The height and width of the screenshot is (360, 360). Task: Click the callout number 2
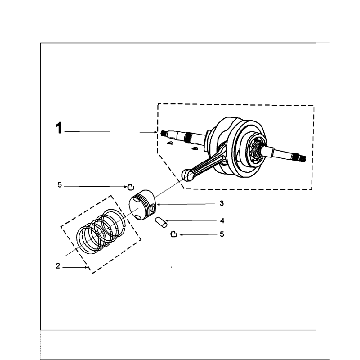click(x=58, y=266)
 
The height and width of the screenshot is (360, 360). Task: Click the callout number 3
click(x=221, y=203)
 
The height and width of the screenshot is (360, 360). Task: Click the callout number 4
click(x=221, y=220)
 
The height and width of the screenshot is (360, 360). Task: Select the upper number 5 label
click(x=60, y=185)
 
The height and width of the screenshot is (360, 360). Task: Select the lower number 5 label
click(x=221, y=234)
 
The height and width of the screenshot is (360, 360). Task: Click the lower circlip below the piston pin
click(x=174, y=233)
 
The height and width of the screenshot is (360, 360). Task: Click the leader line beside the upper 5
click(x=95, y=185)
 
